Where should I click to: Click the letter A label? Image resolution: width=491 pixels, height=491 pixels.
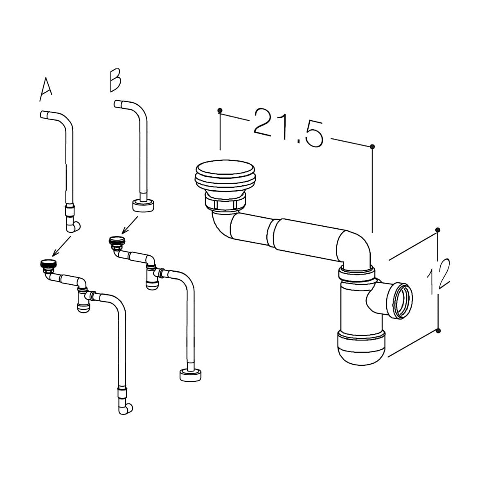[x=46, y=90]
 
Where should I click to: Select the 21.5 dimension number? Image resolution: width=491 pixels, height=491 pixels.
[x=289, y=128]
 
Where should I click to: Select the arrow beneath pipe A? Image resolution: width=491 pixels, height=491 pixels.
[x=61, y=246]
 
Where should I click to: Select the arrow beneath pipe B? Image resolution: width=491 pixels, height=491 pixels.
[x=130, y=225]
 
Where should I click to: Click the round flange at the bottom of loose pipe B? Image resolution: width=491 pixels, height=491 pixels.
[x=143, y=206]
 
